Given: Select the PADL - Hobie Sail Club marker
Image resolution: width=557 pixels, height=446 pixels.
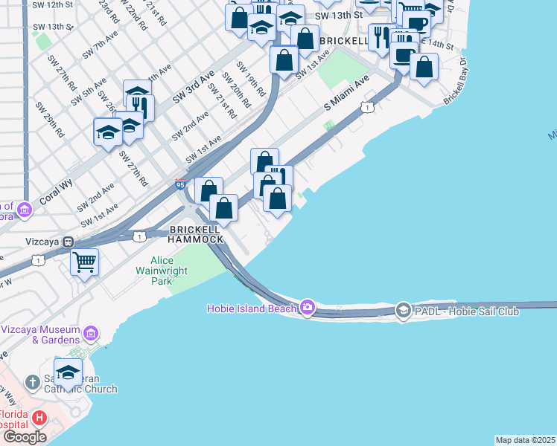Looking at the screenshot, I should click(403, 310).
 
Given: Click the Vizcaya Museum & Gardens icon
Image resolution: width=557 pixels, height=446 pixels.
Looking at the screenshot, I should click(92, 332).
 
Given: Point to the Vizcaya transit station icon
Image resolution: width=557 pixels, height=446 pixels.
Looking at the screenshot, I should click(68, 242).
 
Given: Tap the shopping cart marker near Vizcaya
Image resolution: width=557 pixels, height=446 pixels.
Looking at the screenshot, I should click(85, 261).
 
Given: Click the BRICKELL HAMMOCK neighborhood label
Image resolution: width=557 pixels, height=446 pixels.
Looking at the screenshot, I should click(196, 234).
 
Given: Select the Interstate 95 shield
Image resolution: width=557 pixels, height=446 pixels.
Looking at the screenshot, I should click(180, 184).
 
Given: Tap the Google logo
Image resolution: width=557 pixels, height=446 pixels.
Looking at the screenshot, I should click(24, 437).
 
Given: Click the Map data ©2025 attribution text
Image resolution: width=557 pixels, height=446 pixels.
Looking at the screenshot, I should click(525, 440).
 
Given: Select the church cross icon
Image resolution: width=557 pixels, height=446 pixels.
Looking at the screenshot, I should click(32, 383).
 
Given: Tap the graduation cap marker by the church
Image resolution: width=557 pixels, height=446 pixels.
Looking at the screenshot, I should click(68, 372).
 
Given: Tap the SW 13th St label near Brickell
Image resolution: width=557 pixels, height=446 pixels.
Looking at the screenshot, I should click(339, 15).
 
